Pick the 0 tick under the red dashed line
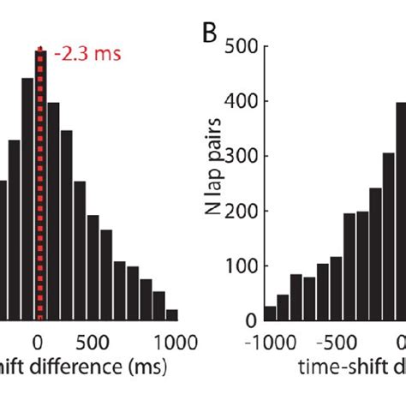39,340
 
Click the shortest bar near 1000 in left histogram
171,314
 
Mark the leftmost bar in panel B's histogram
270,313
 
